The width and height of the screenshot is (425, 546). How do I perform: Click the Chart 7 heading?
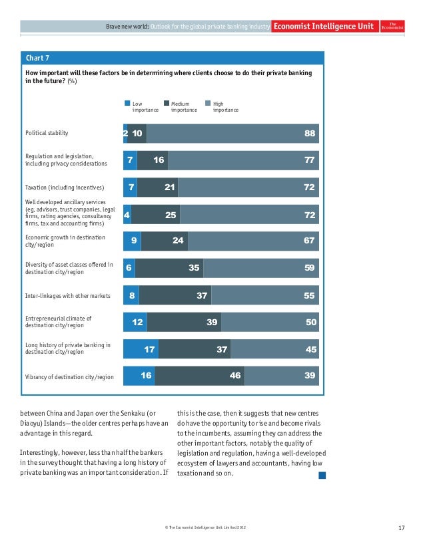click(37, 57)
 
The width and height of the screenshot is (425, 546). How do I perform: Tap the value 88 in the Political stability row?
click(310, 134)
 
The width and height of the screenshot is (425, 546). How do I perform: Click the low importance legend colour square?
click(127, 104)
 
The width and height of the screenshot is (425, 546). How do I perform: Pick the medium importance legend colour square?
click(167, 104)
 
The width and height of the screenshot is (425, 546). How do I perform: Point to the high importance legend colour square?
click(208, 104)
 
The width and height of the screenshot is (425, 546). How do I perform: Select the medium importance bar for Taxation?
click(157, 188)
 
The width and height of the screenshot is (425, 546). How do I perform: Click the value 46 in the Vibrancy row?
click(235, 376)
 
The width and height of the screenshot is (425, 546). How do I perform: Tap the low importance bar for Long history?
click(141, 349)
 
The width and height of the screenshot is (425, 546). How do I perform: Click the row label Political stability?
click(47, 133)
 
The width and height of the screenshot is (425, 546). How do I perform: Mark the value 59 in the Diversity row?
click(310, 268)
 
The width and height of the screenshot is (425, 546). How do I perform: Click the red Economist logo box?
click(391, 26)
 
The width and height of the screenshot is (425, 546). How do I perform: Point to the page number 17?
click(401, 528)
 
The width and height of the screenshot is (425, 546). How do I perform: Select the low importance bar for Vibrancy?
click(139, 376)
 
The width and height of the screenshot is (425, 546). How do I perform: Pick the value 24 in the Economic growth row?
click(178, 241)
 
